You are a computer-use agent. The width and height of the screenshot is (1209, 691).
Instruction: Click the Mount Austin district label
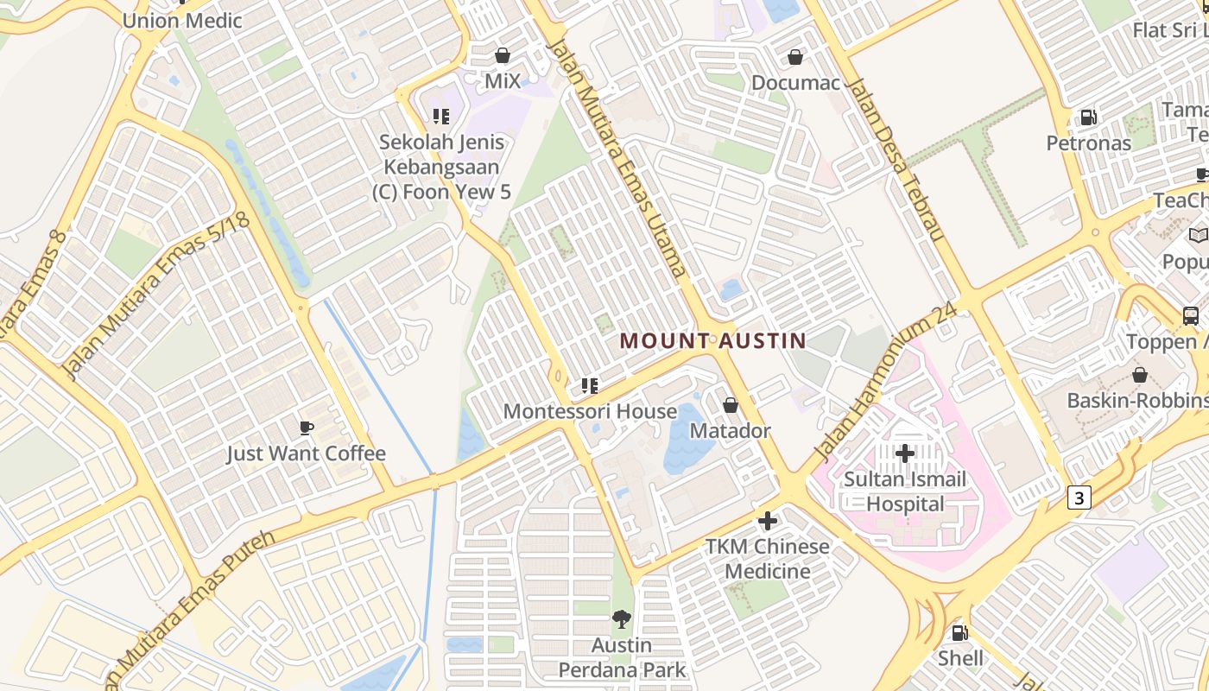(x=712, y=341)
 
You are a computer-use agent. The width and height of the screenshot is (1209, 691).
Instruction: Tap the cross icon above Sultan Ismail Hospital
(x=905, y=453)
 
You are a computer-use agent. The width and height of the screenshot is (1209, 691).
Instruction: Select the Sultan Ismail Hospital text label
(x=905, y=491)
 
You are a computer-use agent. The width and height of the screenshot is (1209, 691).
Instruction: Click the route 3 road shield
(x=1079, y=498)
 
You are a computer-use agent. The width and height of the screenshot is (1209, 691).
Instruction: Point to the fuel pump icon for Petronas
(x=1088, y=117)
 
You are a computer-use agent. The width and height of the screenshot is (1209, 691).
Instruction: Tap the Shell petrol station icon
(x=959, y=633)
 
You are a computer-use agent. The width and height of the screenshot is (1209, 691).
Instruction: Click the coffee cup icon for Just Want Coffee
(x=306, y=428)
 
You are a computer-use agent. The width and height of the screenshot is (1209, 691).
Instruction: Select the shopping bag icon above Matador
(x=731, y=405)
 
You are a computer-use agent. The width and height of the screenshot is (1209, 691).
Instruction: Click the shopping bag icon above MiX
(x=503, y=55)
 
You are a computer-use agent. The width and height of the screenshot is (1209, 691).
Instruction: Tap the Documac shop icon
(x=795, y=57)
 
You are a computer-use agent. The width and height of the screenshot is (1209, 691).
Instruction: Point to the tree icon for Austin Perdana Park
(x=621, y=618)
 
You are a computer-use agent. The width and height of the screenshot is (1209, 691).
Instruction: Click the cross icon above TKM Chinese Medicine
(x=767, y=521)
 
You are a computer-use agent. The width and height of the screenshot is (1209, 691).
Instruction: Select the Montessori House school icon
(x=590, y=385)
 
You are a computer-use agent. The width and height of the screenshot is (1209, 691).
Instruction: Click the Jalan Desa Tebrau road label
(x=896, y=160)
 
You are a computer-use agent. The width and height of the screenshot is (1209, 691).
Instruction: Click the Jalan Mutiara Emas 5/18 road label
(x=155, y=294)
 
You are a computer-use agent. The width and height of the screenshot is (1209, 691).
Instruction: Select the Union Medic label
(x=182, y=20)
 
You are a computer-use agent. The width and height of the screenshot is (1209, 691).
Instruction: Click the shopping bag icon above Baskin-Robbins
(x=1140, y=375)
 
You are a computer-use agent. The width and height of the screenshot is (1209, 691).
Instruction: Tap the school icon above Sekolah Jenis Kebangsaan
(x=441, y=116)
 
